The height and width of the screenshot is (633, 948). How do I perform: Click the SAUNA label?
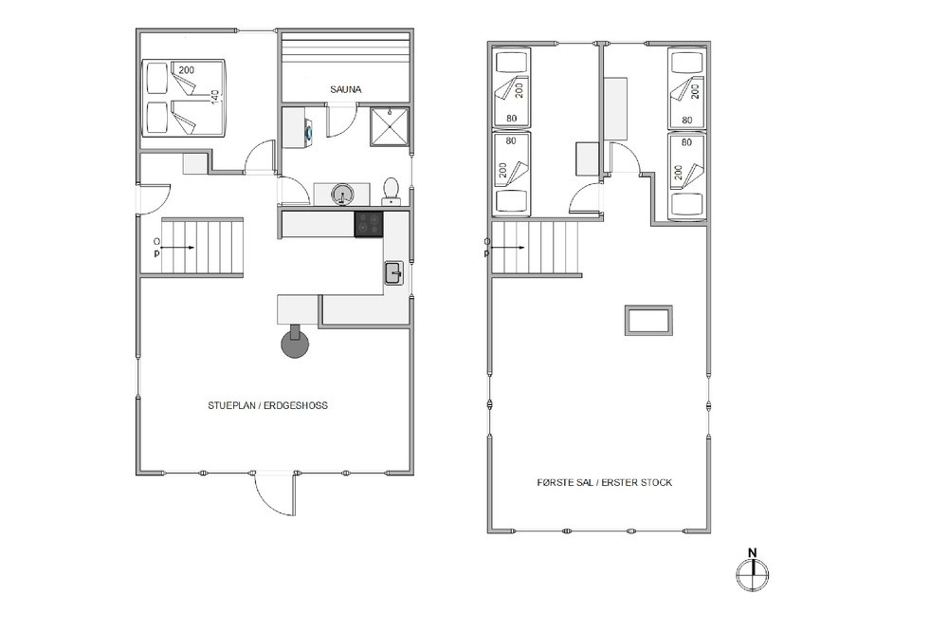click(346, 89)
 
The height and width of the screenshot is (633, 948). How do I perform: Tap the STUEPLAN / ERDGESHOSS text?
click(268, 405)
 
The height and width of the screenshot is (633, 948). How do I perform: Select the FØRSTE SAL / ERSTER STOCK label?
click(605, 482)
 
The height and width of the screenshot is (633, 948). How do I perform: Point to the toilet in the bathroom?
click(392, 192)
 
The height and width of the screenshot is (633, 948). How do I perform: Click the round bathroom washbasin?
click(342, 195)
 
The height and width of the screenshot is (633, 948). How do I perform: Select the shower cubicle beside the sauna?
click(390, 127)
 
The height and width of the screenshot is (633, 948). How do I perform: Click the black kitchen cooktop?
click(369, 224)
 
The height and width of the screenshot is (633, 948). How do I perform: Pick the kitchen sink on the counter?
click(394, 273)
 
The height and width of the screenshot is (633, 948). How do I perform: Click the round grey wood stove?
click(295, 344)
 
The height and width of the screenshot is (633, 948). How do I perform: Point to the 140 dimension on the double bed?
click(214, 97)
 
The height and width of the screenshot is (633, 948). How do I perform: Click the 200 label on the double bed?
click(186, 70)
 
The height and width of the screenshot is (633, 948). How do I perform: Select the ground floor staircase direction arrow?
click(178, 248)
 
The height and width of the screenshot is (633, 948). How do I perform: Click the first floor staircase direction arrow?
click(507, 248)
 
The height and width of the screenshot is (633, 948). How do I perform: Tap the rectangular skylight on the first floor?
click(648, 320)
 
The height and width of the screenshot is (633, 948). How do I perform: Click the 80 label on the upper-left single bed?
click(512, 119)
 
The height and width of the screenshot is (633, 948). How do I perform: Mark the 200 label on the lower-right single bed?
click(678, 173)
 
